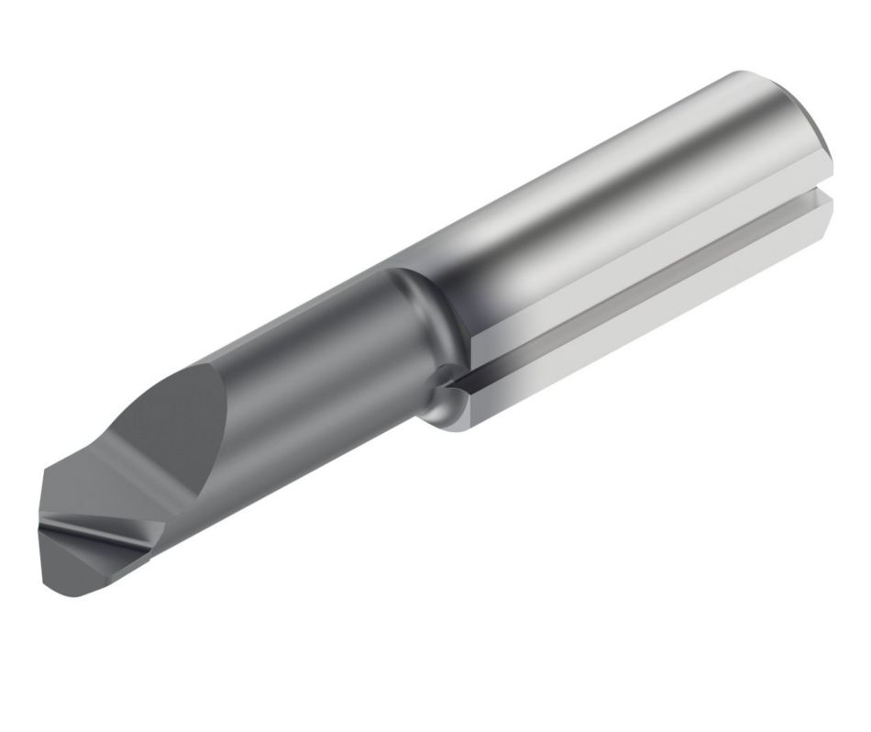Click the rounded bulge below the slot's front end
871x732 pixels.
449,408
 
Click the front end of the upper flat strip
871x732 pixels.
481,344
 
